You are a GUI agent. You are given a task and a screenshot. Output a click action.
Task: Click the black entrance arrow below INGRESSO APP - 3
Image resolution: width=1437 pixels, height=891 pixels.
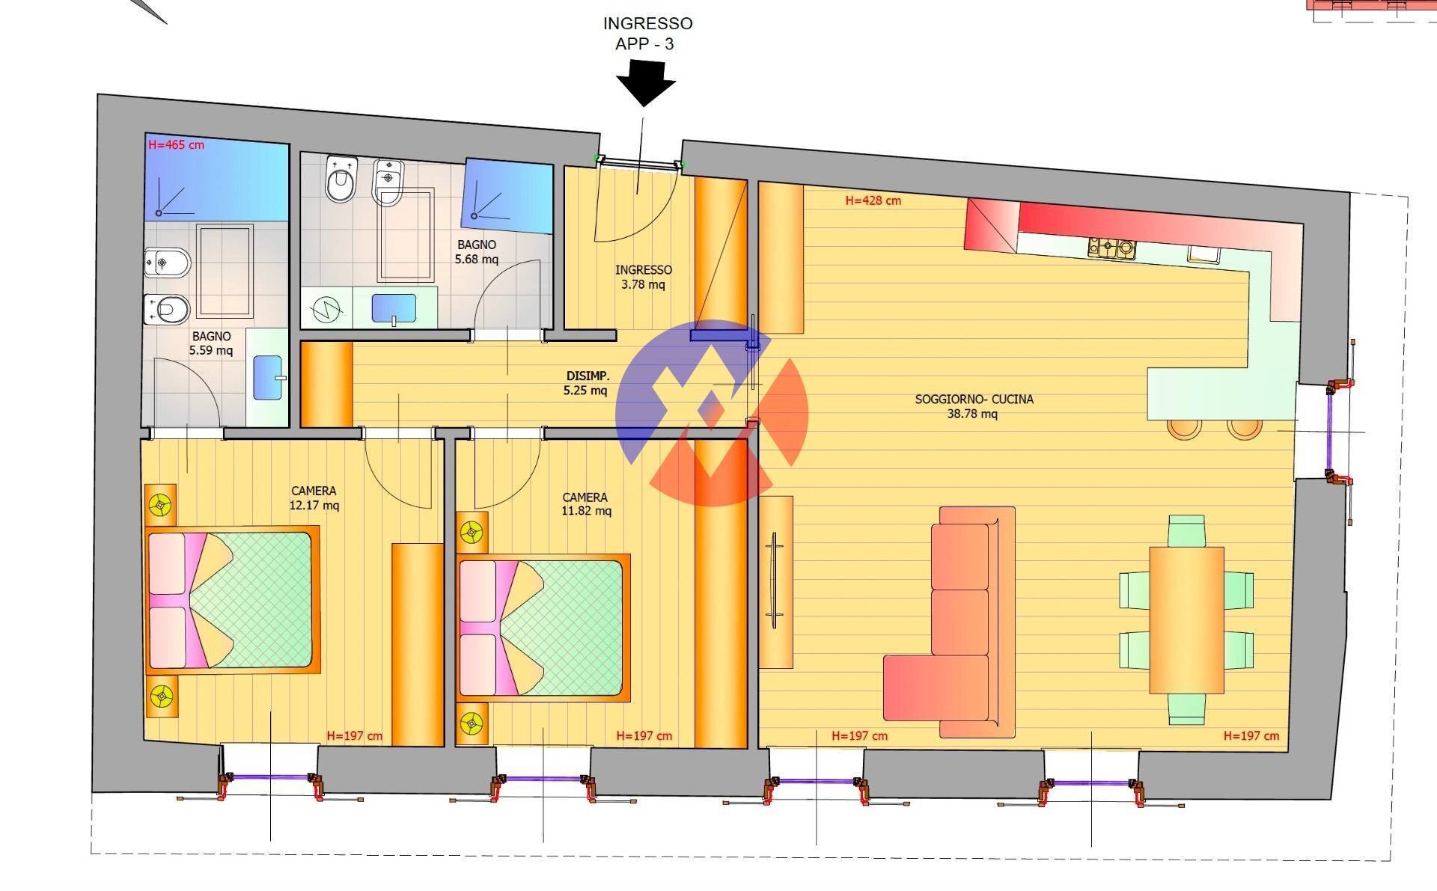pyautogui.click(x=646, y=82)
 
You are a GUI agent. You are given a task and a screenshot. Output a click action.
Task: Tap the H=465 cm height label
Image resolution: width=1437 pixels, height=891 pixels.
pyautogui.click(x=177, y=144)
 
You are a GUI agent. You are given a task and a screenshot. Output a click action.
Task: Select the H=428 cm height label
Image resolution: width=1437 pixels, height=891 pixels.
pyautogui.click(x=873, y=200)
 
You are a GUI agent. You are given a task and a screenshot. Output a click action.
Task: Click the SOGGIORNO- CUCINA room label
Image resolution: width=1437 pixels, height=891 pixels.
pyautogui.click(x=974, y=406)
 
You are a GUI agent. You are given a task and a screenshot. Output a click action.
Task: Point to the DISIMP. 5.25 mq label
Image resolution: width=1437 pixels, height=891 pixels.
pyautogui.click(x=587, y=383)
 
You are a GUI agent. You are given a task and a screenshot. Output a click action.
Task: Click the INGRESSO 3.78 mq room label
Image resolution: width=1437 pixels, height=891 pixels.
pyautogui.click(x=644, y=277)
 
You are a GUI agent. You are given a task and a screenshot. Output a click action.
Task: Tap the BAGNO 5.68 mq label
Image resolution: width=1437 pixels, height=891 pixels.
pyautogui.click(x=477, y=252)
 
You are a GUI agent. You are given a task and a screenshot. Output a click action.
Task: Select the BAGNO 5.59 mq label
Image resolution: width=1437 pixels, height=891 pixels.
pyautogui.click(x=211, y=343)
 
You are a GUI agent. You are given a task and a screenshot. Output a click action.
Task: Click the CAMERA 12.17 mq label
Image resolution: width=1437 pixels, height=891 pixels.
pyautogui.click(x=314, y=498)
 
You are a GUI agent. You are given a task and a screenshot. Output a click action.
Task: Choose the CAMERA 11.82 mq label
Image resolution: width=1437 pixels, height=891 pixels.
pyautogui.click(x=586, y=504)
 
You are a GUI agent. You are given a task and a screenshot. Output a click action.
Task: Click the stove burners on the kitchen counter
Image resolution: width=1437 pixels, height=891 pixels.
pyautogui.click(x=1111, y=248)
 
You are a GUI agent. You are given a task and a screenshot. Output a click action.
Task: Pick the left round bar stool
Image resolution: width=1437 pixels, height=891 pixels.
pyautogui.click(x=1184, y=427)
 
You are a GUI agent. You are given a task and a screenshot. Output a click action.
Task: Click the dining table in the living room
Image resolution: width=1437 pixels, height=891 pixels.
pyautogui.click(x=1186, y=620)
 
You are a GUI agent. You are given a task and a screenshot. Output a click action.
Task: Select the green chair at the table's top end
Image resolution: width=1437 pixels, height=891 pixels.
pyautogui.click(x=1186, y=530)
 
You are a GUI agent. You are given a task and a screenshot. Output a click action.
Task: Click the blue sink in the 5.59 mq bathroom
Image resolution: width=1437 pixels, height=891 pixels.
pyautogui.click(x=269, y=378)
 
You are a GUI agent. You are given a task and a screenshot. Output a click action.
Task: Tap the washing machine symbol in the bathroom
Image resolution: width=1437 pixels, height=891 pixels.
pyautogui.click(x=326, y=308)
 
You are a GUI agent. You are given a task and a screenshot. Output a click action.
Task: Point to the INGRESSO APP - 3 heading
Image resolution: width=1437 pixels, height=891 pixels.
pyautogui.click(x=647, y=34)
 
